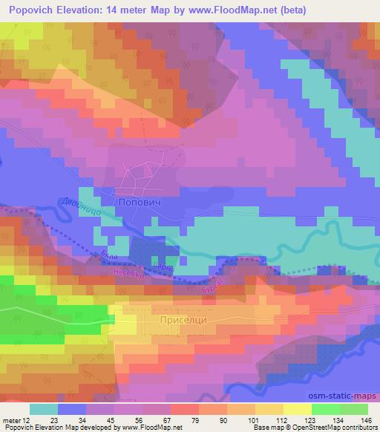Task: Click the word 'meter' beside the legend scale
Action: (12, 419)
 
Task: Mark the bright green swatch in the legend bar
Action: (326, 408)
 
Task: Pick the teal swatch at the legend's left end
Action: (43, 408)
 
